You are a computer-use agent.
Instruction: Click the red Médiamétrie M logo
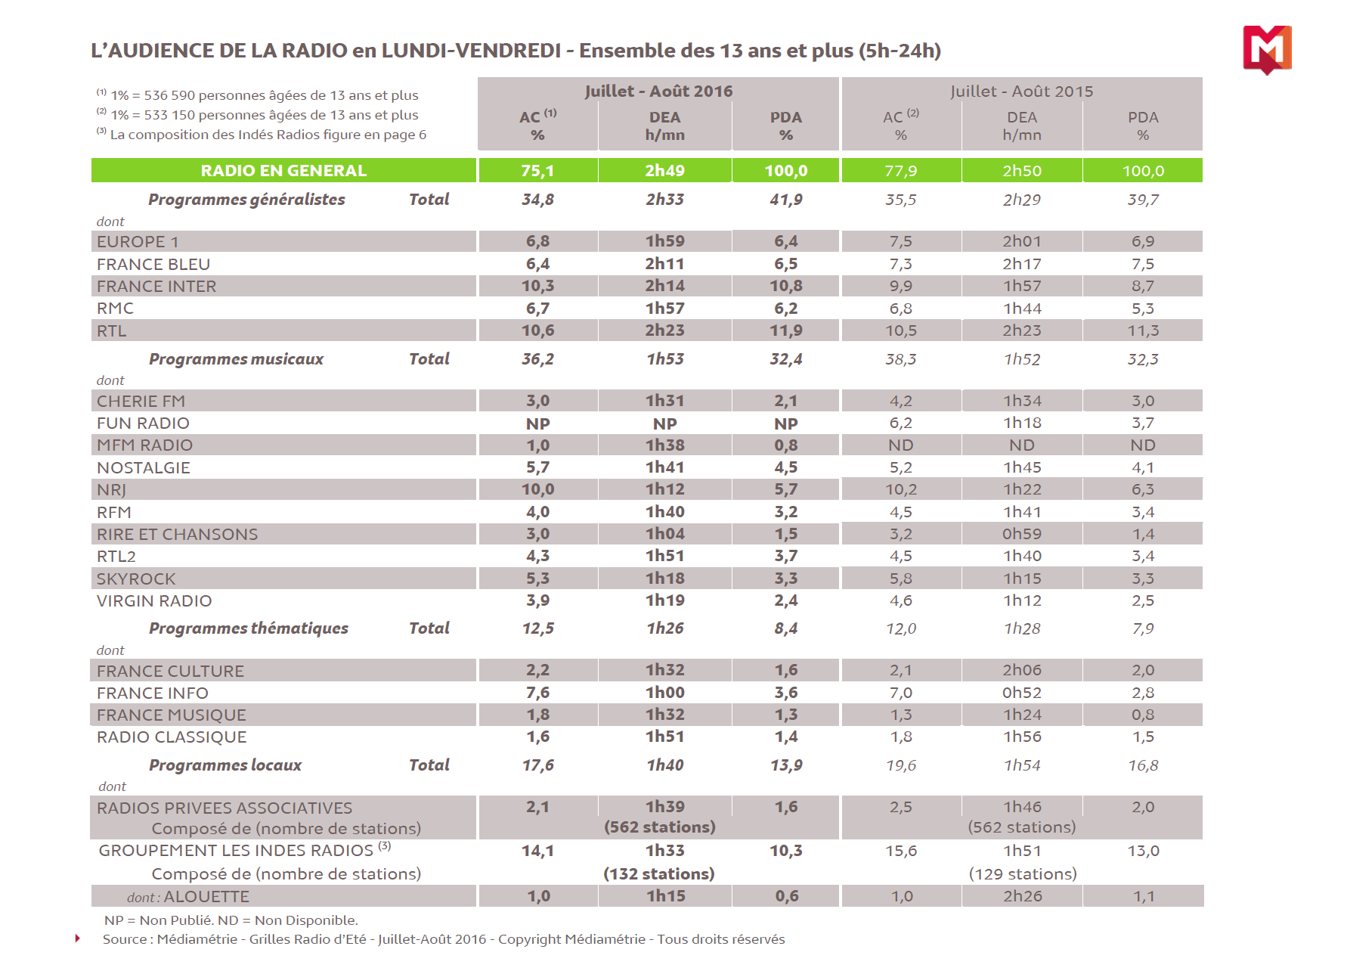click(x=1267, y=49)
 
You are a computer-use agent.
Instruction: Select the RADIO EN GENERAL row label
click(x=283, y=171)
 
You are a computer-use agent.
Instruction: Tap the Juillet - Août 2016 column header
click(x=658, y=92)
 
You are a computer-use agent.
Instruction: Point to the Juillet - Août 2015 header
click(x=1021, y=92)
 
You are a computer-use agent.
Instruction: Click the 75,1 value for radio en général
click(x=537, y=171)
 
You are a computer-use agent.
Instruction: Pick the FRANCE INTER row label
click(x=156, y=287)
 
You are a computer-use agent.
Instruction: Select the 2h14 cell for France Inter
click(x=664, y=286)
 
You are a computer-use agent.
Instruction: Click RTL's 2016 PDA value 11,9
click(x=786, y=330)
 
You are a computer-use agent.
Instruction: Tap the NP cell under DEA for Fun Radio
click(x=664, y=424)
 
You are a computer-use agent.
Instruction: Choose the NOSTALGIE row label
click(x=144, y=468)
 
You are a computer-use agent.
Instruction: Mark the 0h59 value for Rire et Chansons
click(x=1022, y=534)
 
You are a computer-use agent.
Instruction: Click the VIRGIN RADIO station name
click(x=154, y=601)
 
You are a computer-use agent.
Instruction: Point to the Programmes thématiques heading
click(x=249, y=628)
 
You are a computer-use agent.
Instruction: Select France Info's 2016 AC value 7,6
click(x=537, y=693)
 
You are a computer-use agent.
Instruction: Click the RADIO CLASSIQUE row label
click(x=172, y=737)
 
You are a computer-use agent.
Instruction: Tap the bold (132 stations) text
click(x=658, y=874)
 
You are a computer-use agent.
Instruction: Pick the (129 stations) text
click(x=1023, y=874)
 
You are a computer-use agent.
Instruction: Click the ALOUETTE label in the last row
click(x=206, y=897)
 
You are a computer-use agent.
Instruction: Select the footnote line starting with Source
click(x=444, y=939)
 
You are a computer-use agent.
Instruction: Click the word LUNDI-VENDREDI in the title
click(x=471, y=51)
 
